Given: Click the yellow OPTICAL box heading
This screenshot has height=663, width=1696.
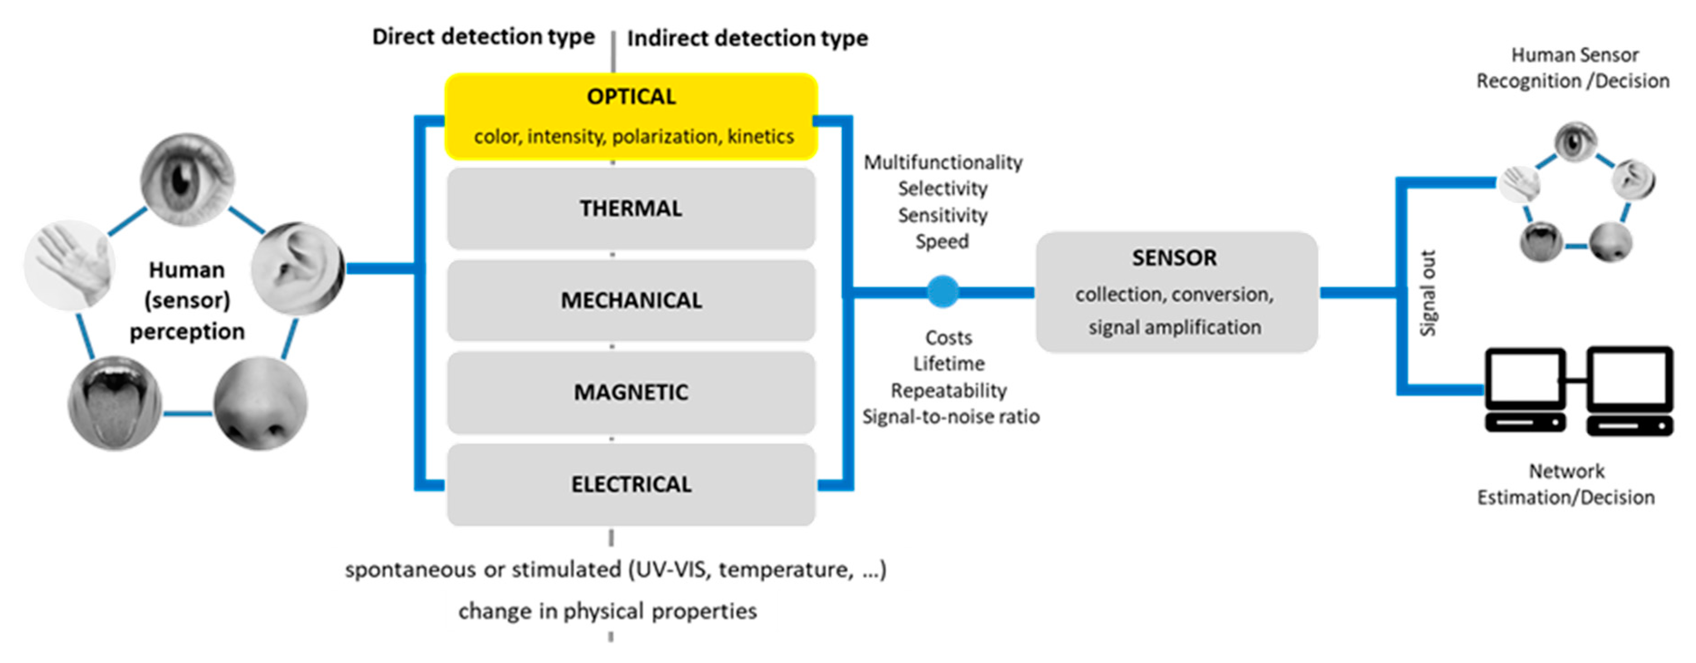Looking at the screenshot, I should tap(631, 97).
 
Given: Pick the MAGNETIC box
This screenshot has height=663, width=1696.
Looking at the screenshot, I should tap(631, 392).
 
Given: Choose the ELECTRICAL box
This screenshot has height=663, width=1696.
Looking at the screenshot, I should tap(631, 484).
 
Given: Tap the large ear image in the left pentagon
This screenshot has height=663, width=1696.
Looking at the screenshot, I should tap(297, 268).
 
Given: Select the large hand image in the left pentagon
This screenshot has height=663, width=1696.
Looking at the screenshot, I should tap(70, 265).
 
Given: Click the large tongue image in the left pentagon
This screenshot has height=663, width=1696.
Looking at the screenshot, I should tap(115, 403).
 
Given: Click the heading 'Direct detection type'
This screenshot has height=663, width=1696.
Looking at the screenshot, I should tap(483, 37).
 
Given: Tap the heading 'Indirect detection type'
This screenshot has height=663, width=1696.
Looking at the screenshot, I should tap(747, 38).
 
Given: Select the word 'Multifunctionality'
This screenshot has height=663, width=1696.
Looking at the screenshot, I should tap(943, 162).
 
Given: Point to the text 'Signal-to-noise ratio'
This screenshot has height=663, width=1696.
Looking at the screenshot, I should tap(951, 417).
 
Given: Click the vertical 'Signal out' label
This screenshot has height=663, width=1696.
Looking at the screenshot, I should tap(1427, 294).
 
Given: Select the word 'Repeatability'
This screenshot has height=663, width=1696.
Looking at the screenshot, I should tap(949, 391).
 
